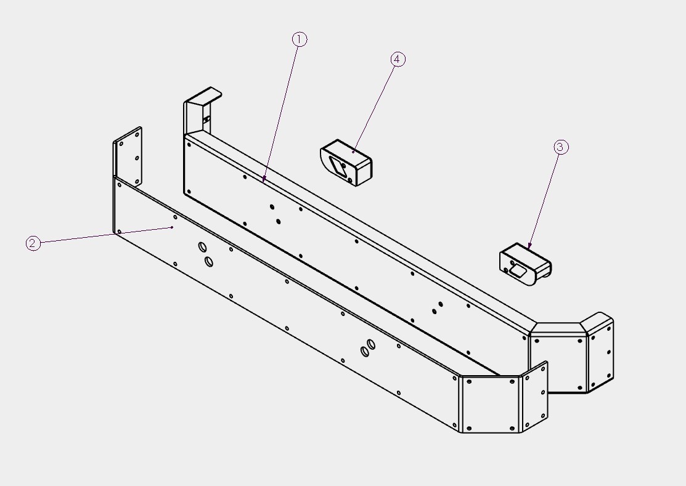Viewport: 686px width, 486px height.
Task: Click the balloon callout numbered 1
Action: point(300,39)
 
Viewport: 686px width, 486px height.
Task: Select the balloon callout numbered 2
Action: point(33,243)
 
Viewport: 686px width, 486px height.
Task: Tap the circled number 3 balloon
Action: point(561,147)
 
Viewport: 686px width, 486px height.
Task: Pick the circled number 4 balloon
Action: point(398,59)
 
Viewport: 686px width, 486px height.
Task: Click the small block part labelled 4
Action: point(346,163)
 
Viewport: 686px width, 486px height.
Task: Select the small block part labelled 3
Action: point(525,264)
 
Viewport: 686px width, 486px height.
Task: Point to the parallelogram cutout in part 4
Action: point(338,166)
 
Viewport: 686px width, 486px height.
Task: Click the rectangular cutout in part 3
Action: point(518,270)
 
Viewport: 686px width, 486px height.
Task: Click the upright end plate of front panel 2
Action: point(128,156)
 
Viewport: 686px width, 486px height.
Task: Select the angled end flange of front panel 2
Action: point(535,396)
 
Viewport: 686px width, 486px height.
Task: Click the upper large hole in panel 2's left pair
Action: point(203,247)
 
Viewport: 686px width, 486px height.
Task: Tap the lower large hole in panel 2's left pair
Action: point(209,262)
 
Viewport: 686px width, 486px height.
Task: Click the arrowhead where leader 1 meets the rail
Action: point(264,179)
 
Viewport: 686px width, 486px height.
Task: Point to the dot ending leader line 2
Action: point(172,227)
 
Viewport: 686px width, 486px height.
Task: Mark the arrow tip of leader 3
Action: point(529,246)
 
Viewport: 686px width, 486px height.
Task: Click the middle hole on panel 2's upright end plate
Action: point(137,158)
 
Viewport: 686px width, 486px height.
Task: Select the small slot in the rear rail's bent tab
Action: point(206,119)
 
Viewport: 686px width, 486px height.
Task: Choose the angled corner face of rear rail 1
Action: point(558,358)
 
